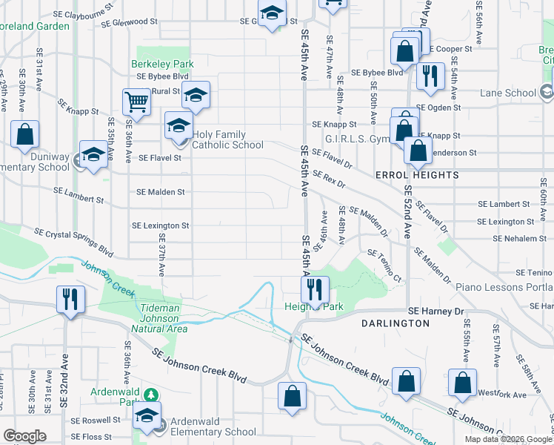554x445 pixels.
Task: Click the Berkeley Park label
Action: point(162,65)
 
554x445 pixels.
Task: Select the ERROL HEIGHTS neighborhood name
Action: point(417,176)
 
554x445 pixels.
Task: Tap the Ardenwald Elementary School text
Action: point(213,426)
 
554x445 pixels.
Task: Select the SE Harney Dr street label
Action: point(436,311)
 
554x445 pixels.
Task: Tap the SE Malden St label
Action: point(160,192)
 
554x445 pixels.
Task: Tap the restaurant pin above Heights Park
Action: point(316,288)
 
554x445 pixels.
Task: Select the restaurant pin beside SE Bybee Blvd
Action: point(430,74)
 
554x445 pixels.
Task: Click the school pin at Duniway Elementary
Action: point(93,154)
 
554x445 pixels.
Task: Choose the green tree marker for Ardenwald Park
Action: point(151,395)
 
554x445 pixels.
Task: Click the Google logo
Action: point(24,436)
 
